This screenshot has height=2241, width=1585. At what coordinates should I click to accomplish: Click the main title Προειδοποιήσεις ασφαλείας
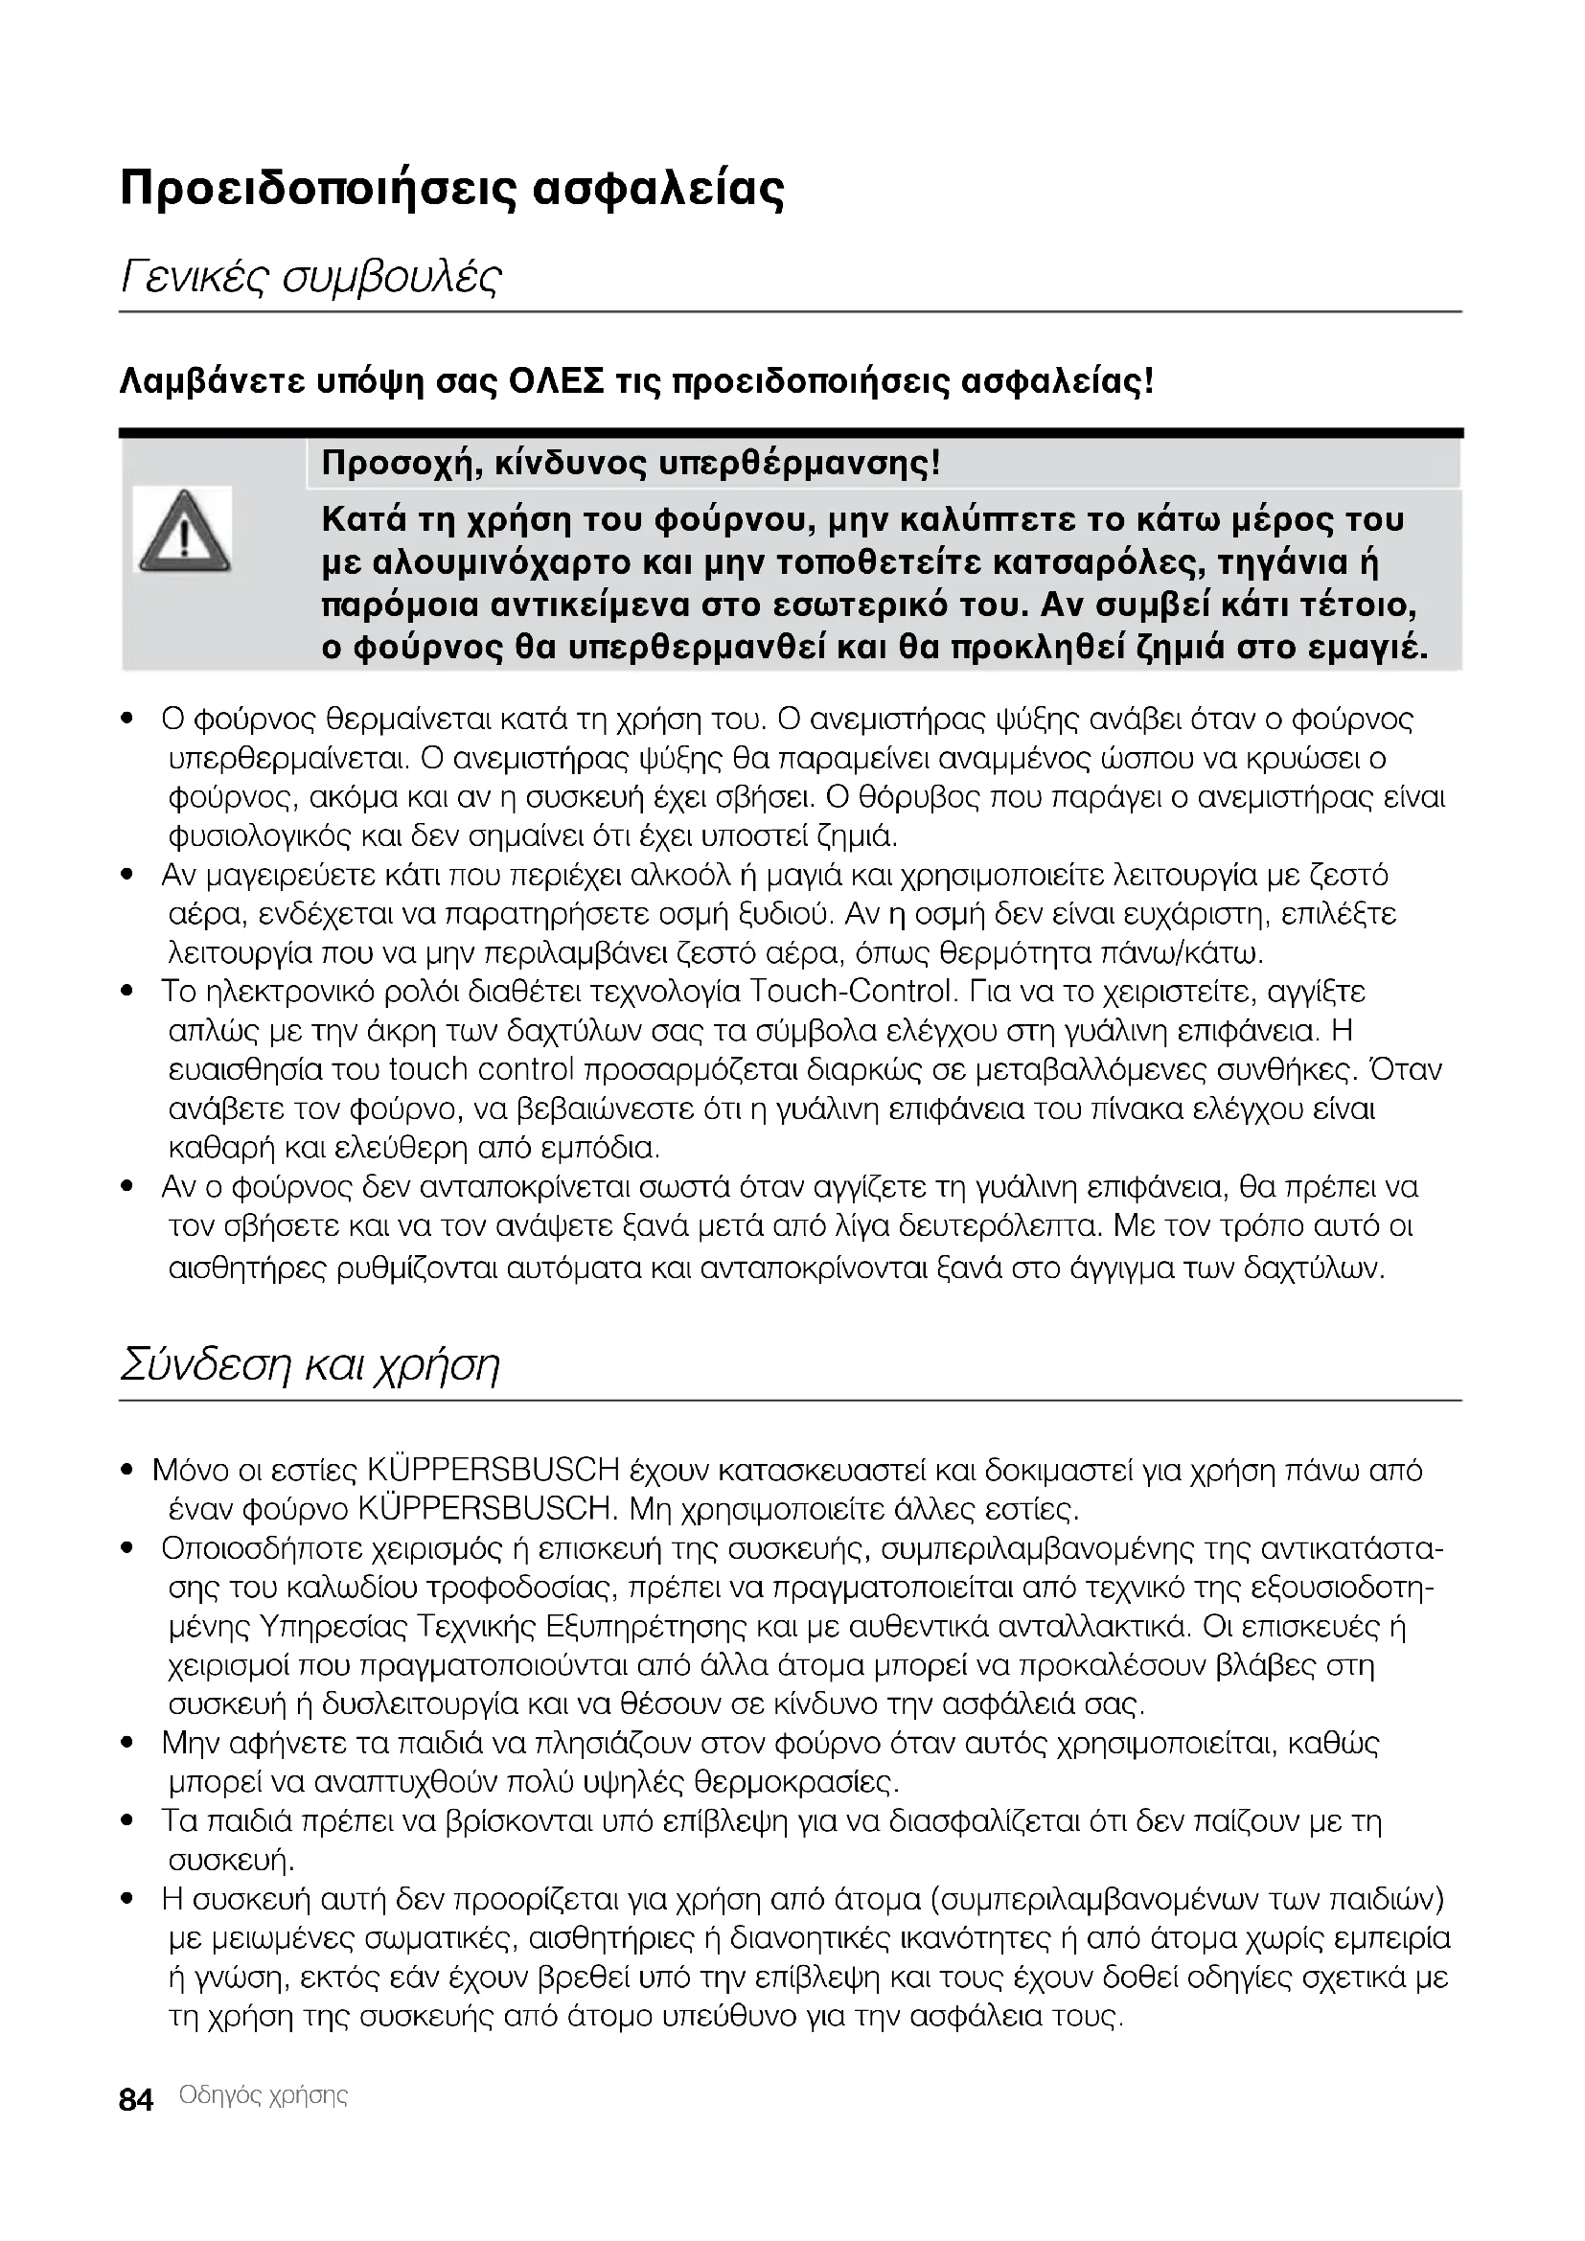[x=451, y=190]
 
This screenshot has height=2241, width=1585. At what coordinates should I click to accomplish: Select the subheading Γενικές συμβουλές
[x=310, y=279]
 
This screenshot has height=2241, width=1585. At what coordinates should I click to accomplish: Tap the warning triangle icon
[x=183, y=533]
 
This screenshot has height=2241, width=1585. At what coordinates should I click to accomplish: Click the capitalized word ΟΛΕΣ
[x=557, y=380]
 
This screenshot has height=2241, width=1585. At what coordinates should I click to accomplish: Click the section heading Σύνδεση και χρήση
[x=310, y=1365]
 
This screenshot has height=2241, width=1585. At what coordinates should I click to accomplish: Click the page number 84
[x=136, y=2100]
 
